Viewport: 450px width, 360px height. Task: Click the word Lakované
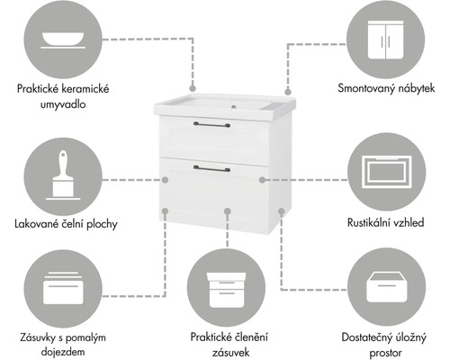[39, 222]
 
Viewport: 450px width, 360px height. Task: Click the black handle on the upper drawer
[215, 125]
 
